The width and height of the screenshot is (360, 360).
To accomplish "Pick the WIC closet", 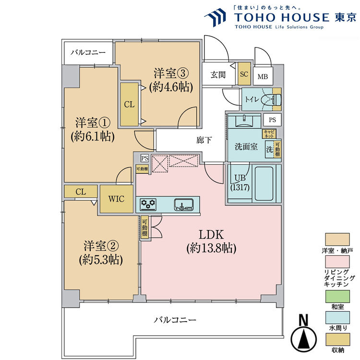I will (117, 198).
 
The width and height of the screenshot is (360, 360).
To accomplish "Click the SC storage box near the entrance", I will (244, 74).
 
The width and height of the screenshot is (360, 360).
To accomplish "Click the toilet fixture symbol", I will (273, 99).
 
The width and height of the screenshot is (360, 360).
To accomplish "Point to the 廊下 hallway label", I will (204, 140).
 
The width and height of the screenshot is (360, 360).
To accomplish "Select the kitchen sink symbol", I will (183, 205).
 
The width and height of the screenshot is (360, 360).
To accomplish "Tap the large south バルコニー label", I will (175, 320).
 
